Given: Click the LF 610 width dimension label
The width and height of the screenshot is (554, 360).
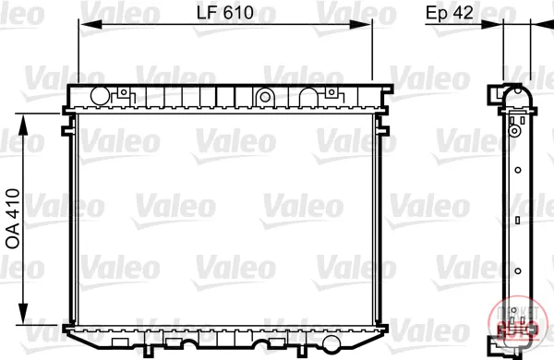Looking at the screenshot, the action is tap(225, 13).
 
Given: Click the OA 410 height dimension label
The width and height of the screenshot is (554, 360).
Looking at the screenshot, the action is tap(13, 219).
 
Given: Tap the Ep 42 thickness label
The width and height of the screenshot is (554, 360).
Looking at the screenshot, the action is tap(449, 13).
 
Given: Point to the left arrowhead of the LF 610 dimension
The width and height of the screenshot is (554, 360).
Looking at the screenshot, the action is tap(90, 24).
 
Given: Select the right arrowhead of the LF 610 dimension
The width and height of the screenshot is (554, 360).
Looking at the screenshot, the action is tap(360, 24).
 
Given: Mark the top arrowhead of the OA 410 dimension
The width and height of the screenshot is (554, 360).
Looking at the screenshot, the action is tap(23, 125).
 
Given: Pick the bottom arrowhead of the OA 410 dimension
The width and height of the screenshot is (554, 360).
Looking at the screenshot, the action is tap(23, 314).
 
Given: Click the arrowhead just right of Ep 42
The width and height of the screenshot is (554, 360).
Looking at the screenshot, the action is tap(492, 24).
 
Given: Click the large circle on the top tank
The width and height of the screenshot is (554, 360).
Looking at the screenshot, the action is tap(101, 96).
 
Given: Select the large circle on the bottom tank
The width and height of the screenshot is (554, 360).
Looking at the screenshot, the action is tap(331, 343).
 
